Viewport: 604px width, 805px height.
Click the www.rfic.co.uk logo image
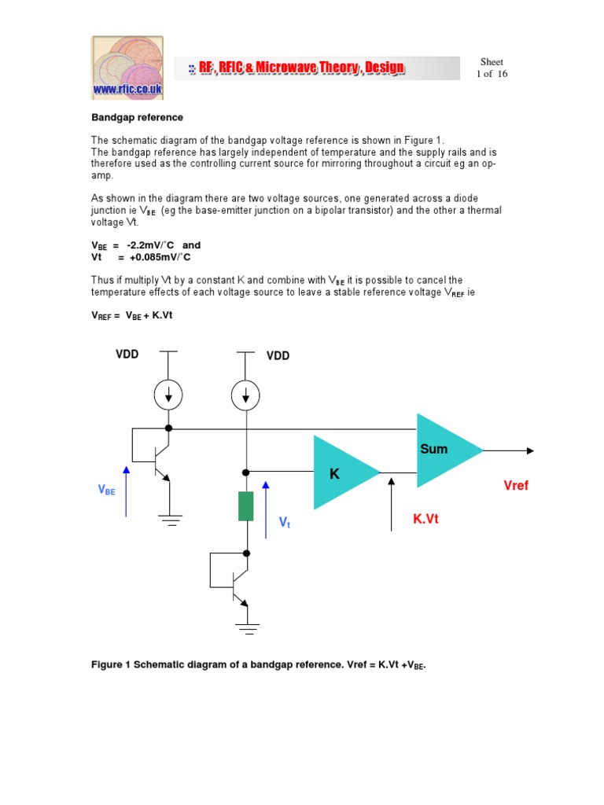[x=127, y=68]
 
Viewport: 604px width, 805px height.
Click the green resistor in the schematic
[x=246, y=506]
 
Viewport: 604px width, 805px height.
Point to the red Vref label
[x=516, y=486]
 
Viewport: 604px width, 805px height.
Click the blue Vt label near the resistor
[x=285, y=522]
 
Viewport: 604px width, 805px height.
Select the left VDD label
[x=127, y=355]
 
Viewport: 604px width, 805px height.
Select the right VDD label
[x=278, y=356]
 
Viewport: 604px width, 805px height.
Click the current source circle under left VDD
[x=168, y=394]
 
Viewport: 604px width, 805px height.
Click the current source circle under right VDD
[x=247, y=394]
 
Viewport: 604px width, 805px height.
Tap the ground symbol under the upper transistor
[x=169, y=519]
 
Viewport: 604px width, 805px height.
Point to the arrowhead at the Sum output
[x=530, y=450]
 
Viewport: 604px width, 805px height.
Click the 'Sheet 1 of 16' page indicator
[x=492, y=68]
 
